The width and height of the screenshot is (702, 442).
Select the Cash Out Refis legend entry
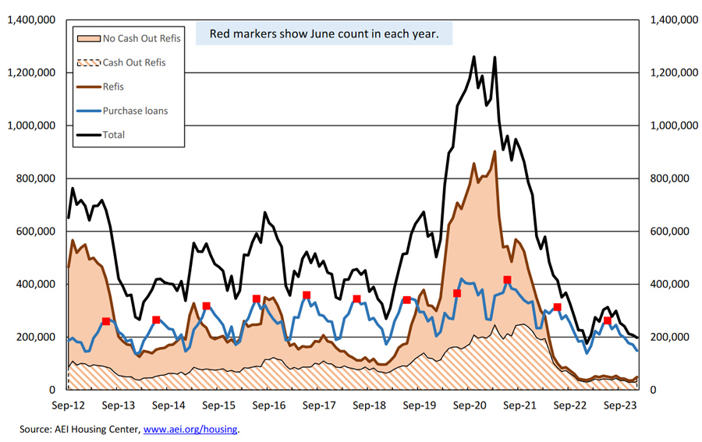tap(133, 62)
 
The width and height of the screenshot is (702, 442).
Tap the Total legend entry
tap(113, 135)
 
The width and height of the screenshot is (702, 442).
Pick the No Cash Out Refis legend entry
tap(140, 37)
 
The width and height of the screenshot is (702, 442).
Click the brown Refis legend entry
tap(113, 87)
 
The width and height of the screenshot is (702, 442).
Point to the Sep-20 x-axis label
tap(470, 405)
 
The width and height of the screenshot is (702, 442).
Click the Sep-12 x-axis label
tap(68, 405)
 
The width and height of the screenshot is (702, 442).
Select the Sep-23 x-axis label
tap(622, 405)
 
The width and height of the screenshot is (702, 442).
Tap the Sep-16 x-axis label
tap(269, 405)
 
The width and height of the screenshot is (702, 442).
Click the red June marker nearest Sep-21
tap(507, 280)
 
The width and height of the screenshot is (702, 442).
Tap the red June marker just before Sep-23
tap(608, 320)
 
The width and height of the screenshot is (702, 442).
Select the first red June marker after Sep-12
tap(106, 321)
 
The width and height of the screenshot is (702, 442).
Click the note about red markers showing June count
tap(323, 34)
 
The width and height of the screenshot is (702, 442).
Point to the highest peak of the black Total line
tap(474, 57)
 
